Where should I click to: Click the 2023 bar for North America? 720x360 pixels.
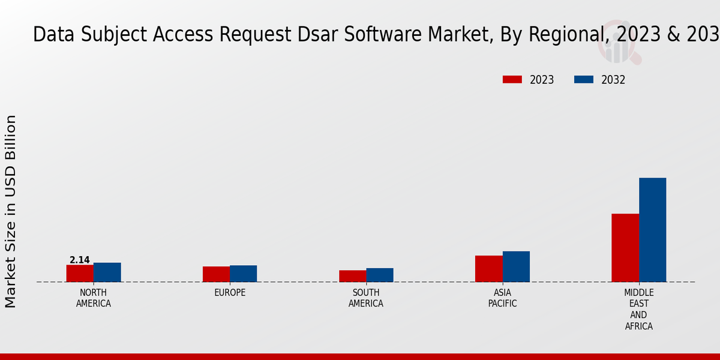click(80, 274)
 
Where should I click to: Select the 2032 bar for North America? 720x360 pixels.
click(107, 272)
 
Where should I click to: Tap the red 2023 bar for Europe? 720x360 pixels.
click(216, 274)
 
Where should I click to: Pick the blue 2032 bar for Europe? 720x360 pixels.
click(243, 274)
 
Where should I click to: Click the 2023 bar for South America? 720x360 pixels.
click(352, 276)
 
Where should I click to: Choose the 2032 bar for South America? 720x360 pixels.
click(380, 275)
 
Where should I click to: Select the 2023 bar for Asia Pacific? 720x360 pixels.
click(488, 269)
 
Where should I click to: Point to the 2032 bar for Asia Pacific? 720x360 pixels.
click(516, 266)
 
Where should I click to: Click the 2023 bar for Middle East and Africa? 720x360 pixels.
click(625, 248)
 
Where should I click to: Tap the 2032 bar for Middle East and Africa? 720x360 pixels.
click(652, 230)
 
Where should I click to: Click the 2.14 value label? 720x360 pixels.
click(80, 260)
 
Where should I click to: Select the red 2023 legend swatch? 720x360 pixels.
click(512, 80)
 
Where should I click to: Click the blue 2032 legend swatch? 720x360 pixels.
click(584, 80)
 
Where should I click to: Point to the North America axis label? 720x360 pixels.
click(93, 298)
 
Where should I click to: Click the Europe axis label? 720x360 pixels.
click(230, 293)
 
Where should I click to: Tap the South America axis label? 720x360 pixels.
click(366, 298)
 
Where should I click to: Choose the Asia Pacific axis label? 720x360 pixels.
click(502, 298)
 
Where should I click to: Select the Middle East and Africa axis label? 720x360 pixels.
click(638, 310)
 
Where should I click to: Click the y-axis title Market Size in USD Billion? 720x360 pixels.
click(11, 211)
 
